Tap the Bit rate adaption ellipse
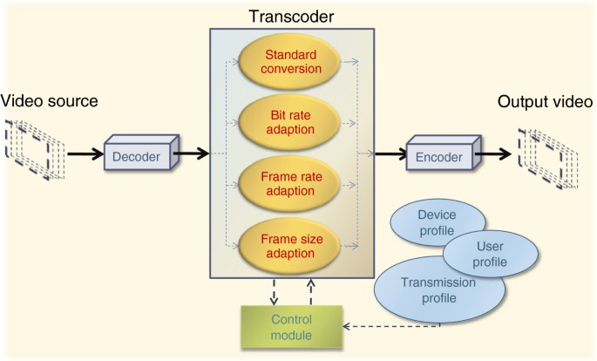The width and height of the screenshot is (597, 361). pyautogui.click(x=291, y=123)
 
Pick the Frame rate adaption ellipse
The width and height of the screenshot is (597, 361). pyautogui.click(x=291, y=181)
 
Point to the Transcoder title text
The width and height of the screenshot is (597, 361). pyautogui.click(x=292, y=16)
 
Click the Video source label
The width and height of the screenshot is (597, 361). pyautogui.click(x=50, y=102)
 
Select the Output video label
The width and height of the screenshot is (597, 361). pyautogui.click(x=545, y=102)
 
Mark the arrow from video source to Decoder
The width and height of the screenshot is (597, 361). pyautogui.click(x=83, y=155)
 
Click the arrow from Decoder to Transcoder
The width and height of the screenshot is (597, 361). pyautogui.click(x=192, y=155)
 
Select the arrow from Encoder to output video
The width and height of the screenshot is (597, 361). pyautogui.click(x=495, y=156)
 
